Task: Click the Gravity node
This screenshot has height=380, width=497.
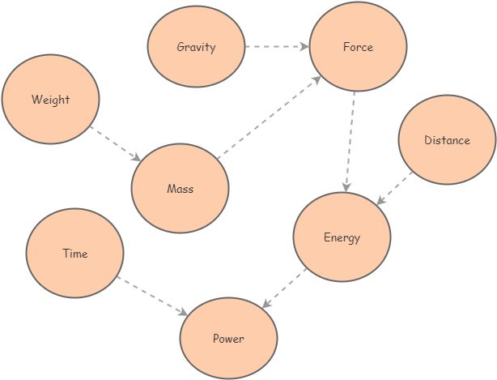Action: coord(196,47)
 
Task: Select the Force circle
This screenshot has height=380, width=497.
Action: coord(357,47)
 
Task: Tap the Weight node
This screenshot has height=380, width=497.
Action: coord(50,100)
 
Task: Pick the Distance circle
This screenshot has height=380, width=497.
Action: coord(447,140)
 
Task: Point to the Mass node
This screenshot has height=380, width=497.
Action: coord(180,189)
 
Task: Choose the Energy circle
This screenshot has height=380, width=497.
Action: coord(342,237)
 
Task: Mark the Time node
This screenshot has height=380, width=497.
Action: coord(74,254)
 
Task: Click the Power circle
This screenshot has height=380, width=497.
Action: coord(228,339)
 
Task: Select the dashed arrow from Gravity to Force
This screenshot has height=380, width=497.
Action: coord(276,47)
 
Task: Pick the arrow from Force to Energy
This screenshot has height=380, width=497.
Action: coord(350,142)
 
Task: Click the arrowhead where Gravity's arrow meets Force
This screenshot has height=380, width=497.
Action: coord(305,47)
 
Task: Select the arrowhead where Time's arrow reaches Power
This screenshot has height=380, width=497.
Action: coord(185,312)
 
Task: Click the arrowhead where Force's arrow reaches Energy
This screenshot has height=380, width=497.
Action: coord(346,188)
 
